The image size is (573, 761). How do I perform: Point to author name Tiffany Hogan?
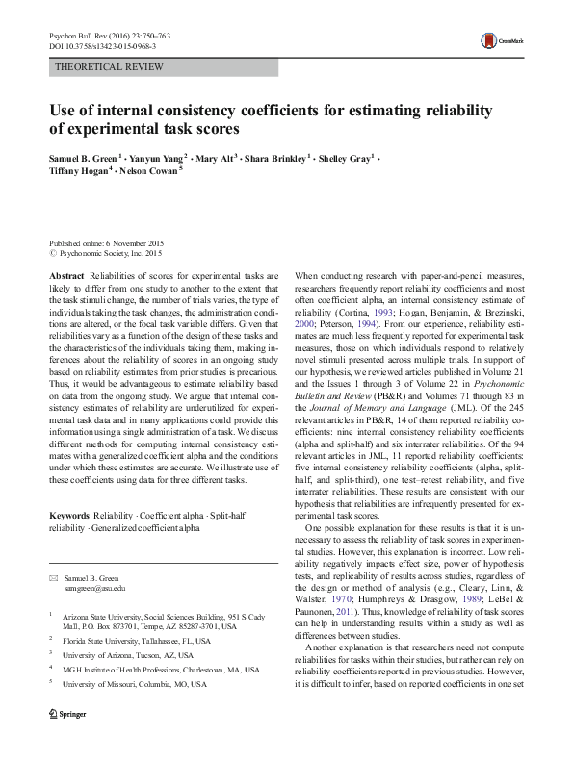81,170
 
